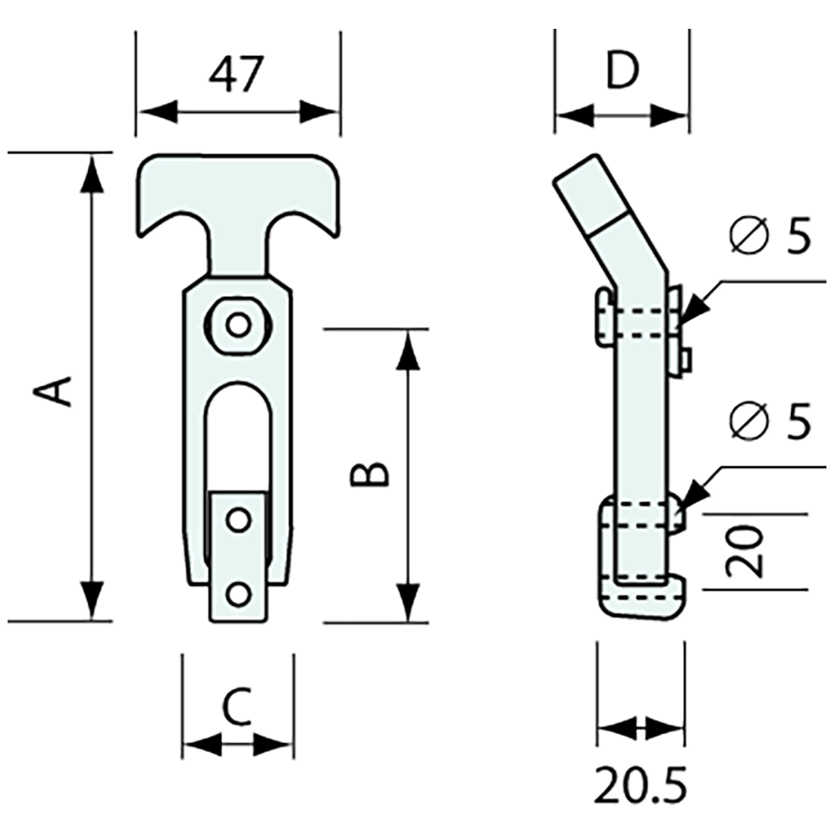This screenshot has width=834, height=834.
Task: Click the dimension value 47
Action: [237, 74]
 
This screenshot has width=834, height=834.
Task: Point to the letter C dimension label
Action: [237, 707]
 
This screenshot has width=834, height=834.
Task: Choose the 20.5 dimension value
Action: [641, 786]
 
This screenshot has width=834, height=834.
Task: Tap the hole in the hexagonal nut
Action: [238, 325]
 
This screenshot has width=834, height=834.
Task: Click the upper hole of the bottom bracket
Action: [238, 520]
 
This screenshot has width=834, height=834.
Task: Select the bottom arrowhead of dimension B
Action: [408, 603]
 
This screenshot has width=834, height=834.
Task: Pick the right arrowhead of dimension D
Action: [670, 116]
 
